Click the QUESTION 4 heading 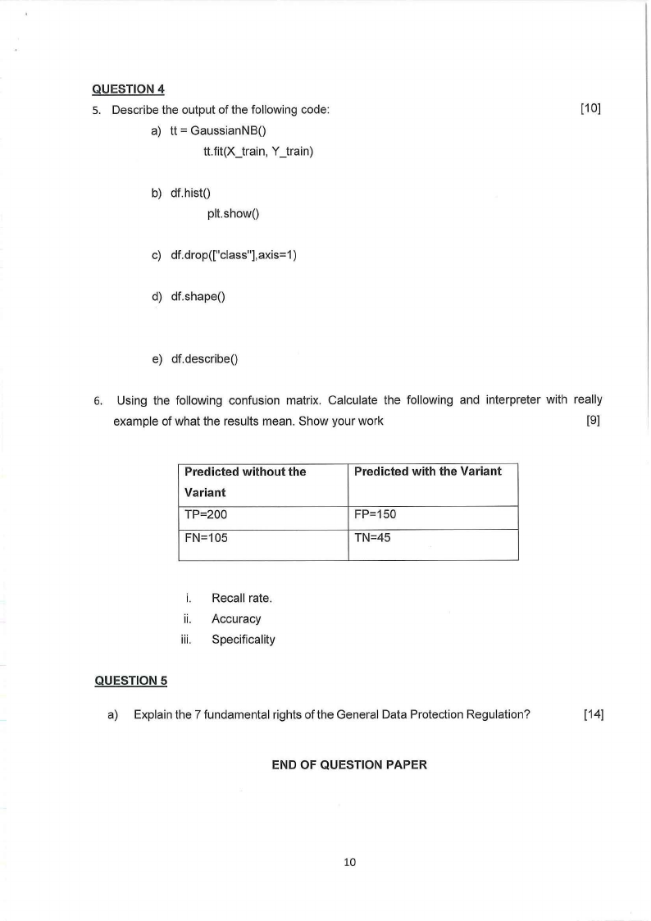pos(131,89)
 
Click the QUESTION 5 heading pos(131,680)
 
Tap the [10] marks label pos(590,109)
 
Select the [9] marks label pos(594,422)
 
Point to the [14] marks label pos(594,714)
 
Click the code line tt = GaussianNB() pos(219,131)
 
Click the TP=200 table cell pos(206,515)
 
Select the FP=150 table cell pos(376,515)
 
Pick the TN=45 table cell pos(373,538)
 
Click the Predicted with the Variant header pos(427,472)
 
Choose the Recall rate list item pos(241,598)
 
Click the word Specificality pos(244,639)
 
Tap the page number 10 pos(350,862)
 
